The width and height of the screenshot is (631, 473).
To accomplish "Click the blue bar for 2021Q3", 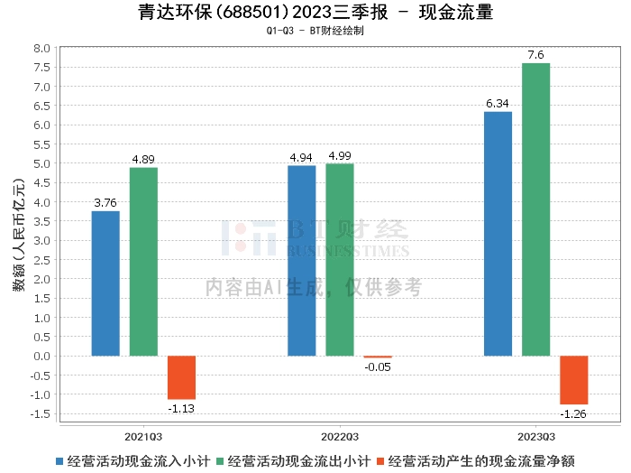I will click(105, 283).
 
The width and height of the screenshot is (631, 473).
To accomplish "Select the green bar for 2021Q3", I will click(143, 262).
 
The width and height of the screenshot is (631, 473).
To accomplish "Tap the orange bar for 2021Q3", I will click(181, 377).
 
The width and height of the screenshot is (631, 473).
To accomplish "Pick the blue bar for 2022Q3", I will click(301, 261).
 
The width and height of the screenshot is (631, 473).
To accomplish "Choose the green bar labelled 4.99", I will click(340, 260).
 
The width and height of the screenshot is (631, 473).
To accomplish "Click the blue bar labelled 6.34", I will click(498, 234).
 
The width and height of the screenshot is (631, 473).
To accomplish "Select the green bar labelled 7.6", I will click(535, 209).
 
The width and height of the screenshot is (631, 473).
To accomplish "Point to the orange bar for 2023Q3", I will click(573, 380).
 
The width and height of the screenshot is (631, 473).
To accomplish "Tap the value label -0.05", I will click(378, 366).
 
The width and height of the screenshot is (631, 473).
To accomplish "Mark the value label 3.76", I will click(105, 203).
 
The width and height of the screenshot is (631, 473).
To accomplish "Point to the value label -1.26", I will click(573, 413).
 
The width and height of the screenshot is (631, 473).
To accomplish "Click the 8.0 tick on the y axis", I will click(41, 48).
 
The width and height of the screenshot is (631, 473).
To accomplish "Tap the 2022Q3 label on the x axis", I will click(340, 435).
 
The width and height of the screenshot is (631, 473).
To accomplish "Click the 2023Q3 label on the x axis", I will click(535, 435).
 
